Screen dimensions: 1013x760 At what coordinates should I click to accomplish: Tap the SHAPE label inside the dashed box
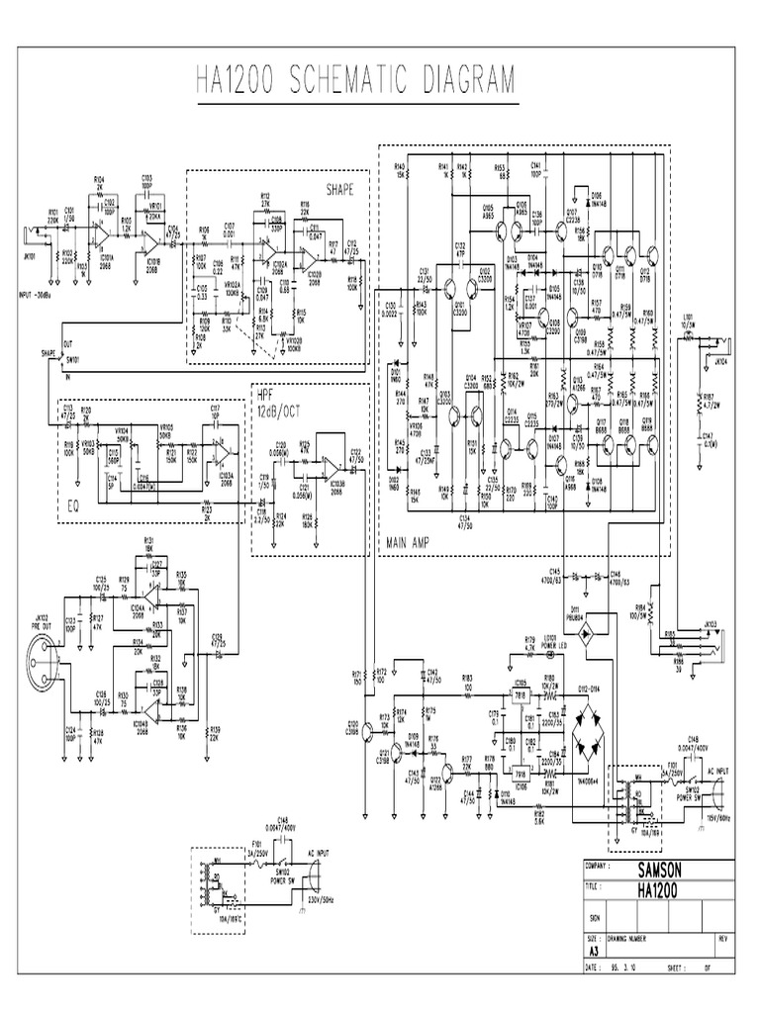(339, 188)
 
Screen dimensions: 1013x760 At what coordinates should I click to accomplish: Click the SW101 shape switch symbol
(56, 358)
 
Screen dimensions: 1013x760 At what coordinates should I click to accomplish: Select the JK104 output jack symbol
(719, 345)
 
